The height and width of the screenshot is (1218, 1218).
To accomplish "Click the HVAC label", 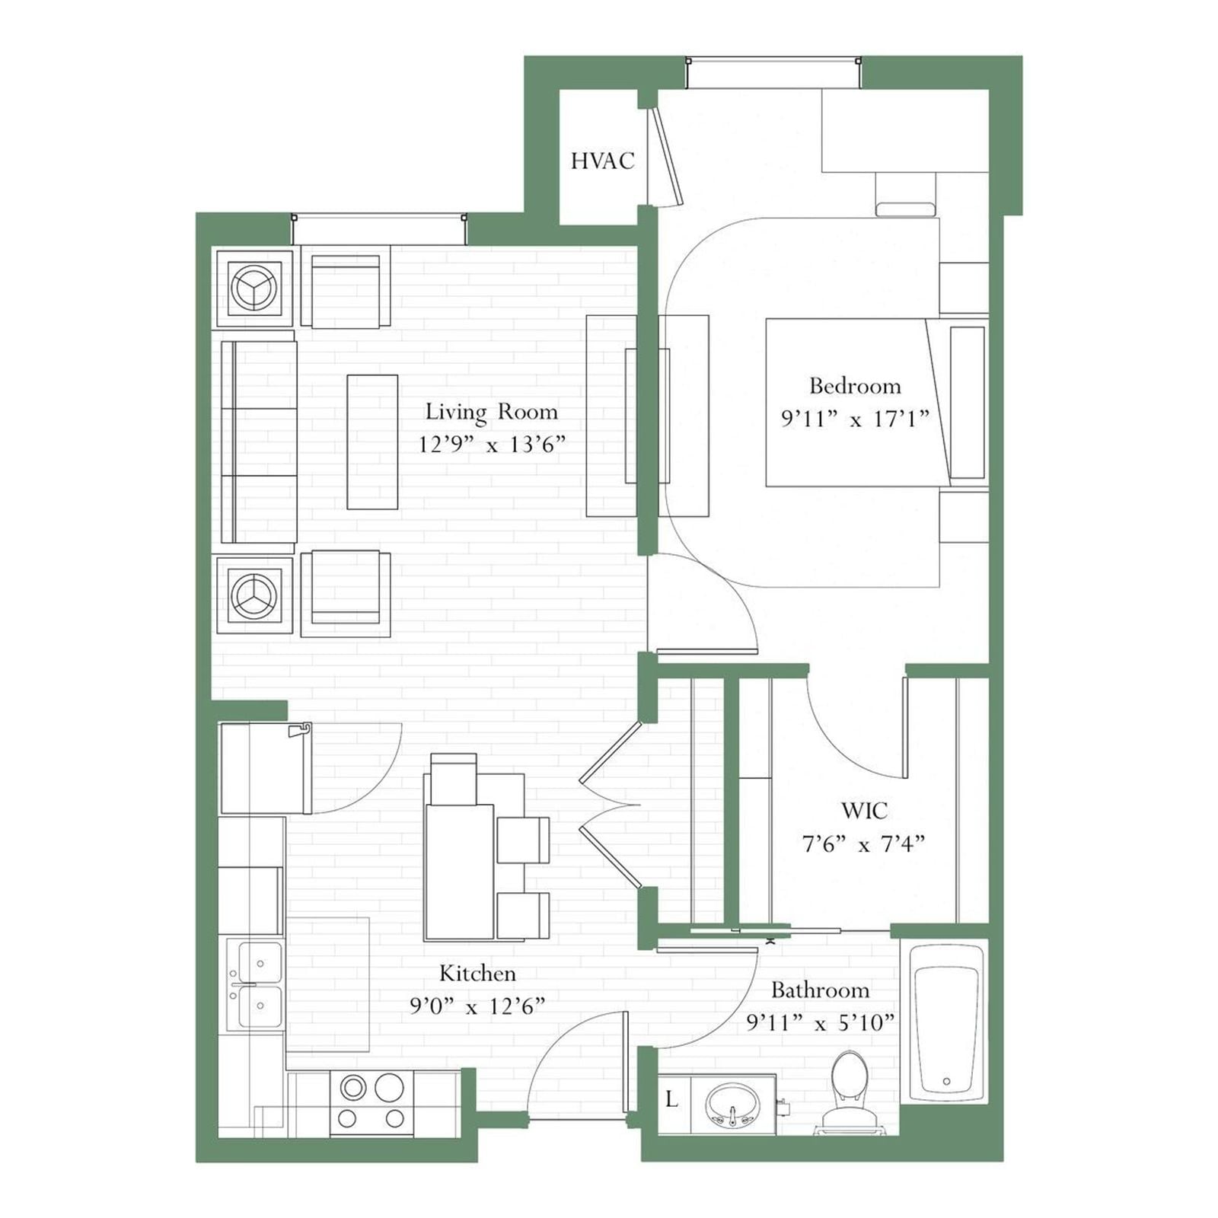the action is pyautogui.click(x=602, y=161).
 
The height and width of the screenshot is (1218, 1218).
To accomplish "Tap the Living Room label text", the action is pyautogui.click(x=491, y=412).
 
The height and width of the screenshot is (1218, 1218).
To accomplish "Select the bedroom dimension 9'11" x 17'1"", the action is pyautogui.click(x=855, y=418).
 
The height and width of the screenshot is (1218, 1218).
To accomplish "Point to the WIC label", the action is pyautogui.click(x=864, y=810).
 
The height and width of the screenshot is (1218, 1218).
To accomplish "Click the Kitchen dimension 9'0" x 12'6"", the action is pyautogui.click(x=477, y=1006).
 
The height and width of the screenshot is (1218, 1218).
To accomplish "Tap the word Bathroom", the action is pyautogui.click(x=820, y=990).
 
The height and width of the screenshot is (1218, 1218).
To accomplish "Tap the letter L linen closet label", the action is pyautogui.click(x=671, y=1099).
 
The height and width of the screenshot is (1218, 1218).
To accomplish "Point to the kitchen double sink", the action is pyautogui.click(x=256, y=984).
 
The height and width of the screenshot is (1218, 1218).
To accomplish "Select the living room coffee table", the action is pyautogui.click(x=372, y=442).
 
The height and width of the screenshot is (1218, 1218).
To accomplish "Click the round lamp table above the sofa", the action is pyautogui.click(x=254, y=288).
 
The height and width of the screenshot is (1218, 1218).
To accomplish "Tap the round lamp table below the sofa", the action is pyautogui.click(x=254, y=595).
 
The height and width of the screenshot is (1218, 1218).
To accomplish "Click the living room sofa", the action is pyautogui.click(x=258, y=442).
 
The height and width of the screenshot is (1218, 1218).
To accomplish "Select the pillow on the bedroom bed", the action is pyautogui.click(x=968, y=403).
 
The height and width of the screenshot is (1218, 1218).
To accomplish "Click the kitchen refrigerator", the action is pyautogui.click(x=264, y=768).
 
